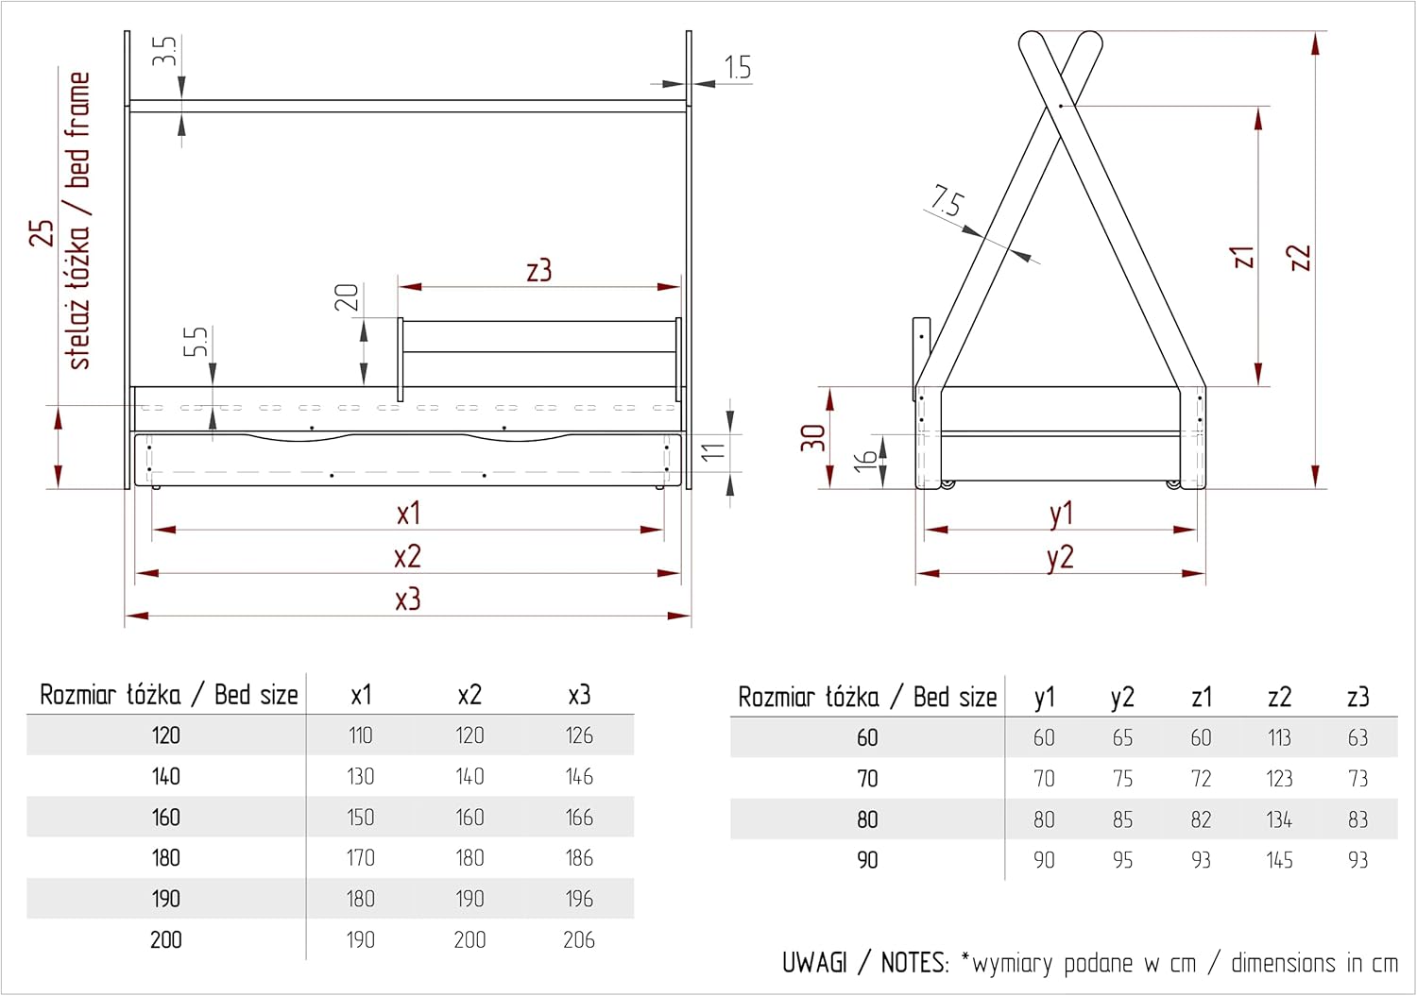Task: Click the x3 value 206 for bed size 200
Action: tap(579, 939)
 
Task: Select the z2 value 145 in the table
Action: tap(1279, 860)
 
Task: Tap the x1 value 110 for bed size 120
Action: tap(360, 735)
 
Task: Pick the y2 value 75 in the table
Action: tap(1122, 779)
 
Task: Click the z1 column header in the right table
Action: tap(1202, 697)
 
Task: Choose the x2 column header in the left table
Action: tap(469, 695)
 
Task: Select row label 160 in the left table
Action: tap(165, 817)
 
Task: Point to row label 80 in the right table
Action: tap(867, 819)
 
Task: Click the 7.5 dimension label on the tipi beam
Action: tap(947, 202)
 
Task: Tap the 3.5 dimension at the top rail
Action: tap(163, 51)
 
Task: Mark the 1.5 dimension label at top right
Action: tap(738, 68)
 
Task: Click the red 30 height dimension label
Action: tap(812, 438)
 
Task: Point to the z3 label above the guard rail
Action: tap(539, 270)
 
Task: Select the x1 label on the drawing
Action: tap(408, 513)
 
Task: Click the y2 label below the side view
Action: tap(1060, 558)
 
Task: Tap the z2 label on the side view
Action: tap(1300, 258)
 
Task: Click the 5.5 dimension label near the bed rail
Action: tap(196, 342)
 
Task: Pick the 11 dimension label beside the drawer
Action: tap(713, 451)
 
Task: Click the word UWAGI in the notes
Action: tap(814, 962)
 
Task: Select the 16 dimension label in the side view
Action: tap(864, 460)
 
